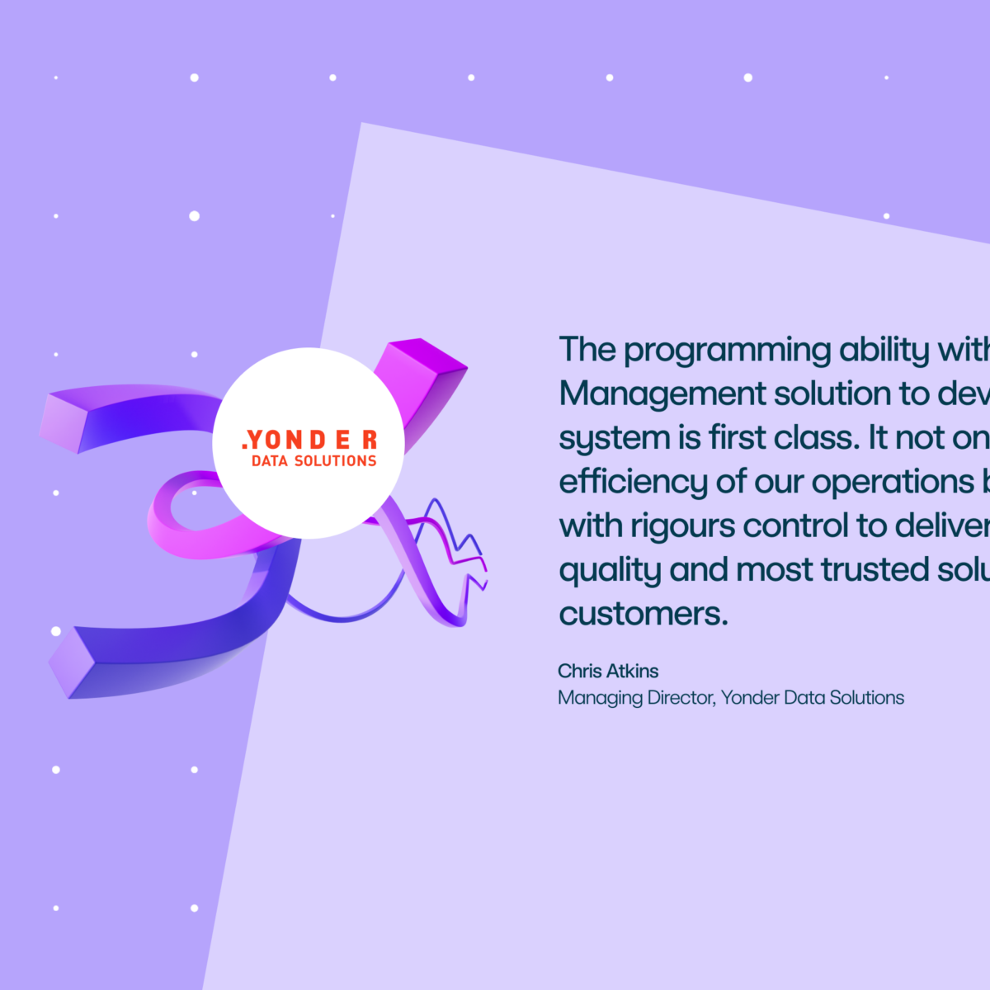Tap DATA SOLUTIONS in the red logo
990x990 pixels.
[313, 461]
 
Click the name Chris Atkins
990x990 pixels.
[608, 671]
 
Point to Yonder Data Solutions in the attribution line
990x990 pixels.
[813, 698]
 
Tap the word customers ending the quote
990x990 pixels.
[643, 614]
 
